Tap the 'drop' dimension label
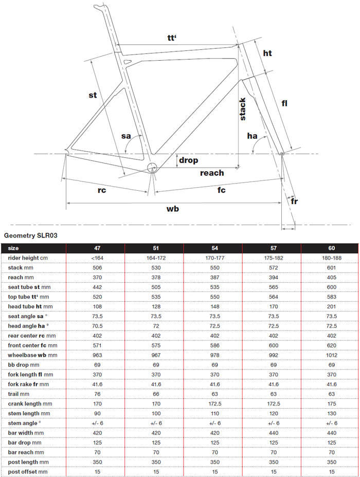pyautogui.click(x=188, y=160)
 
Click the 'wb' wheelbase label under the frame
pyautogui.click(x=172, y=209)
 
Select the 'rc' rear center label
pyautogui.click(x=102, y=190)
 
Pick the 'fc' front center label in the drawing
pyautogui.click(x=221, y=190)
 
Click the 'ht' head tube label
pyautogui.click(x=267, y=53)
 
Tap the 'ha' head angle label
pyautogui.click(x=252, y=136)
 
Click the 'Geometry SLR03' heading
pyautogui.click(x=30, y=235)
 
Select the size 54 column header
pyautogui.click(x=215, y=248)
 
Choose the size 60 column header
pyautogui.click(x=332, y=248)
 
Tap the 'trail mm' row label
pyautogui.click(x=18, y=394)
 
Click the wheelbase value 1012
pyautogui.click(x=332, y=355)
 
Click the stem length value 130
pyautogui.click(x=332, y=413)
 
